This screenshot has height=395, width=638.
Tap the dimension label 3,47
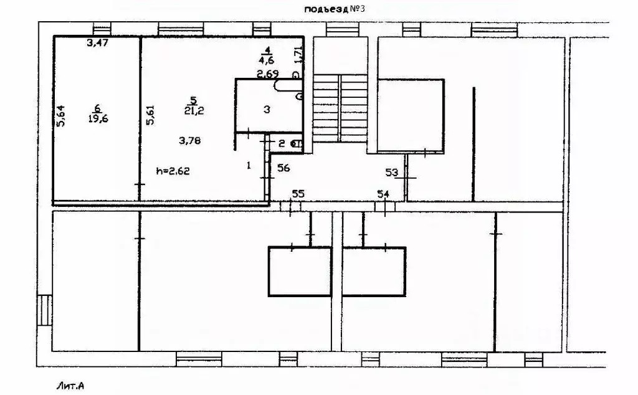coord(97,43)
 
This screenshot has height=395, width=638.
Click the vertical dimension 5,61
coord(150,115)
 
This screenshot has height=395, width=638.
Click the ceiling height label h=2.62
coord(173,169)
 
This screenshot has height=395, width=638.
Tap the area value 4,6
coord(267,60)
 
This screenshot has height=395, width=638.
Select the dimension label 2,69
coord(267,74)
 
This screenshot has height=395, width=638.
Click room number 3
coord(266,109)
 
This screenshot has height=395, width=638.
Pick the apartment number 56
coord(284,168)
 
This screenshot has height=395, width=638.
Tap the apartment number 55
coord(298,194)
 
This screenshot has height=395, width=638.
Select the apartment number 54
coord(383,194)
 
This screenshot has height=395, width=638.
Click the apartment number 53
coord(392,171)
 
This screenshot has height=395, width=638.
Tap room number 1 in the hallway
coord(249,166)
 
